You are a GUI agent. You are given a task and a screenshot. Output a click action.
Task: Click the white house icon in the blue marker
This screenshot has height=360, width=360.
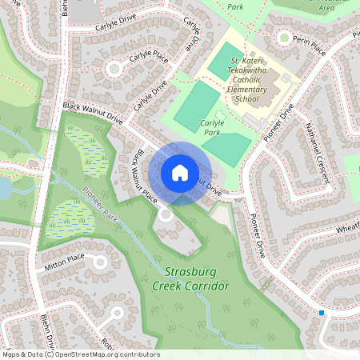click(x=179, y=173)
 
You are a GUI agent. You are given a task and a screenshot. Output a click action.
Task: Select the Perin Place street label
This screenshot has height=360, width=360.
click(x=309, y=47)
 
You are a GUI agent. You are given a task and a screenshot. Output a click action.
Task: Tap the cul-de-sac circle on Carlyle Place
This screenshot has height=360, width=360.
click(x=114, y=69)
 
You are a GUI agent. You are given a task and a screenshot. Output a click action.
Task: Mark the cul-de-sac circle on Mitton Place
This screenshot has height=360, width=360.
click(x=100, y=262)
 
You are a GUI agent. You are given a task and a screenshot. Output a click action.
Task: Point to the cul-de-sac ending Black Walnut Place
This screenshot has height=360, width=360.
click(x=166, y=214)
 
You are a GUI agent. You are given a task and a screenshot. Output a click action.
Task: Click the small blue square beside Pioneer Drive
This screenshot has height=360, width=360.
click(x=322, y=312)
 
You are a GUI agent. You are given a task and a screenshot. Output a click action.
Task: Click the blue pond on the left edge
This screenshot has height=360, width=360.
click(x=4, y=188)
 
